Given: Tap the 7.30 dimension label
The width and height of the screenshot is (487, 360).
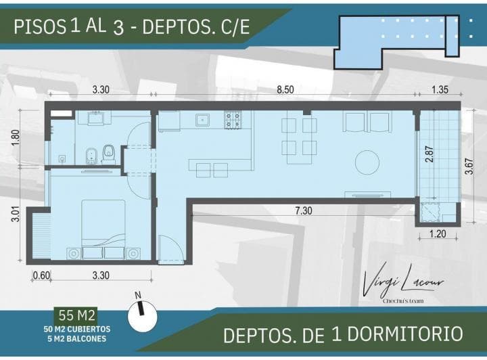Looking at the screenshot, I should pyautogui.click(x=304, y=210).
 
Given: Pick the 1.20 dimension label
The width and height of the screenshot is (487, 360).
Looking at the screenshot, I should pyautogui.click(x=437, y=235).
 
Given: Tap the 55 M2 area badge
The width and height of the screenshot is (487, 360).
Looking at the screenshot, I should pyautogui.click(x=78, y=315).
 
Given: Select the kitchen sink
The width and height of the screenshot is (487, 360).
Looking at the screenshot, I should pyautogui.click(x=202, y=120).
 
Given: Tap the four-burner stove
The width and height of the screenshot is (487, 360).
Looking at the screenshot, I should pyautogui.click(x=233, y=120).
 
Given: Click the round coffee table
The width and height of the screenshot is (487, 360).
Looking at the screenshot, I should pyautogui.click(x=368, y=161).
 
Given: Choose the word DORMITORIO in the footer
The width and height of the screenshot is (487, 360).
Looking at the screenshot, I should pyautogui.click(x=407, y=334).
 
